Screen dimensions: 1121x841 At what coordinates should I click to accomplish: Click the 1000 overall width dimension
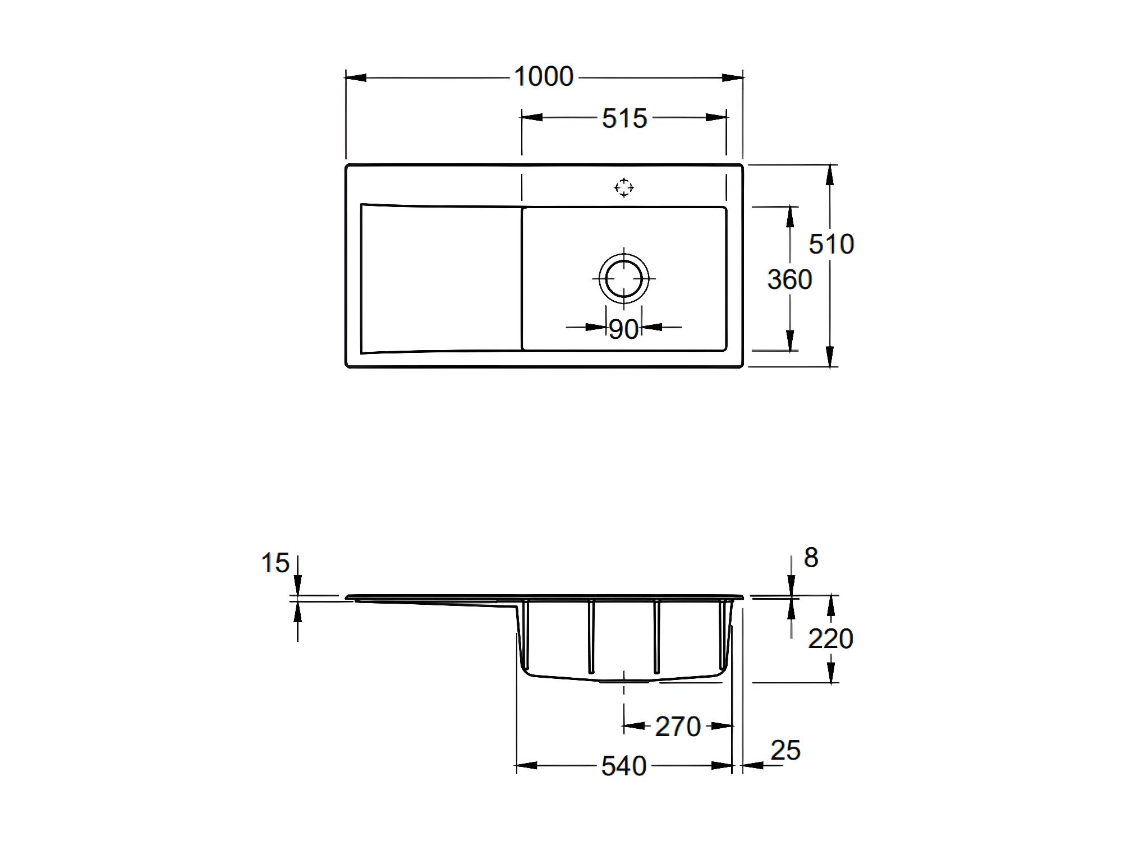click(543, 76)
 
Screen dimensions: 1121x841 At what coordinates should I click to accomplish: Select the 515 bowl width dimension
click(624, 118)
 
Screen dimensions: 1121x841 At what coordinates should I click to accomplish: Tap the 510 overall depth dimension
click(831, 244)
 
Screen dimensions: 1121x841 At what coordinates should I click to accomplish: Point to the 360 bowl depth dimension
click(789, 279)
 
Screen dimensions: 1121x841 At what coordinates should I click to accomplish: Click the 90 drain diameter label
click(623, 329)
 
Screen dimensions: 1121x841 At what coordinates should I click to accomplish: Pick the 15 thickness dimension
click(275, 563)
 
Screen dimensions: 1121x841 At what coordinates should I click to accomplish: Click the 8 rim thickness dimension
click(811, 558)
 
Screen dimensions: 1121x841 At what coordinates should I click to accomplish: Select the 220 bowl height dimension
click(830, 638)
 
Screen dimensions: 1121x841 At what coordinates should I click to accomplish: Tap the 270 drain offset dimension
click(678, 727)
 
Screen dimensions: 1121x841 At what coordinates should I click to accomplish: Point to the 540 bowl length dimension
click(624, 766)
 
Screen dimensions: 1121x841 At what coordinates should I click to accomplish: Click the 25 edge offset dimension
click(785, 751)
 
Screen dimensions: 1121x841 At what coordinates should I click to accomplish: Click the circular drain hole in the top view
click(623, 278)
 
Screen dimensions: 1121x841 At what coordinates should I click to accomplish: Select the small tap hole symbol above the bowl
click(624, 187)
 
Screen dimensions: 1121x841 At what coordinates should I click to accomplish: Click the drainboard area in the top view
click(441, 279)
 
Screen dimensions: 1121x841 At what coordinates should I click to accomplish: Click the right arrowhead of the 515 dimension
click(716, 118)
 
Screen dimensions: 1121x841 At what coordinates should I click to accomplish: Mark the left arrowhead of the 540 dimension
click(527, 765)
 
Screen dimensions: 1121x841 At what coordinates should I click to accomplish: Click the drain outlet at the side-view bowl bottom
click(624, 681)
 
